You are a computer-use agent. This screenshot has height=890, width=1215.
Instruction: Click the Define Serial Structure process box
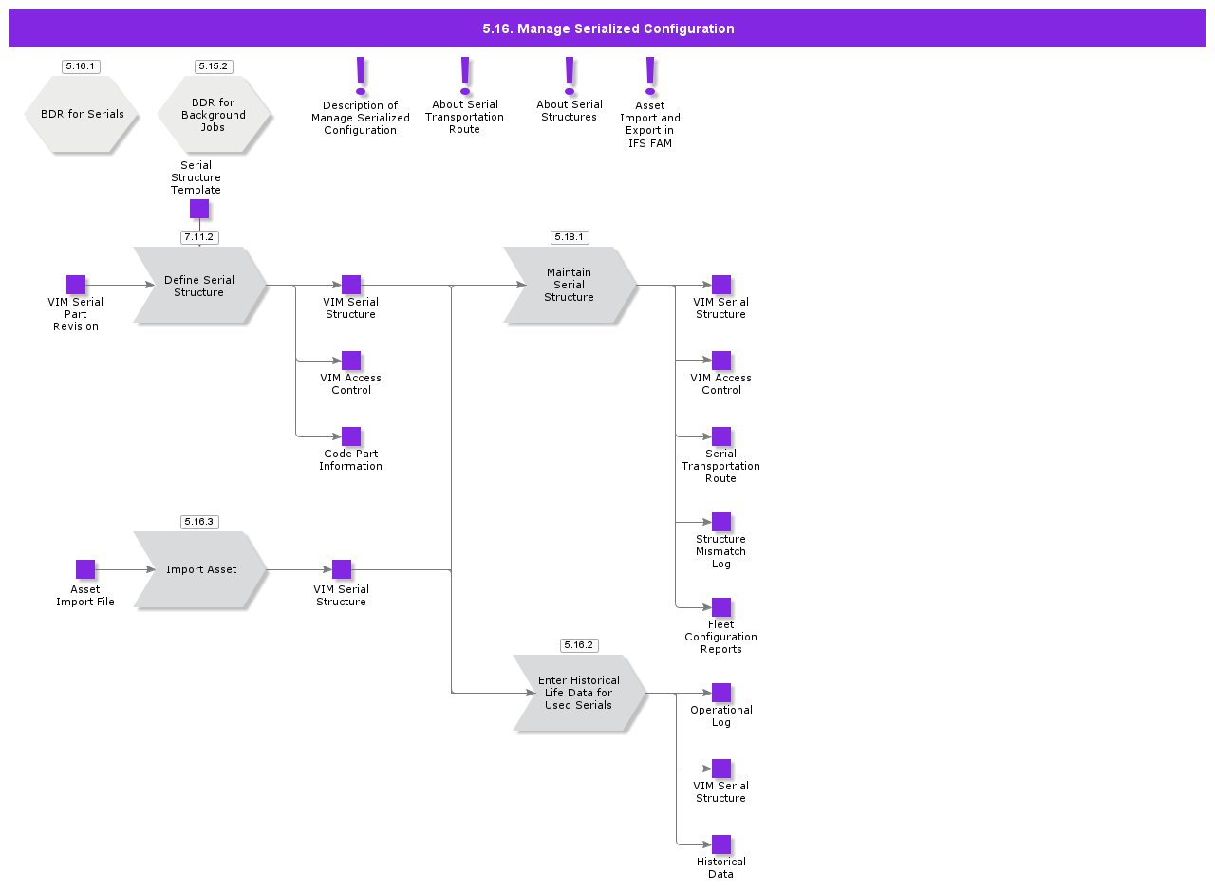pyautogui.click(x=199, y=286)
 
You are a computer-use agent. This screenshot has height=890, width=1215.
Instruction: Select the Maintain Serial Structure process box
pyautogui.click(x=570, y=285)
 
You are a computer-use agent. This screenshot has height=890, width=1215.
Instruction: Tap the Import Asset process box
pyautogui.click(x=200, y=569)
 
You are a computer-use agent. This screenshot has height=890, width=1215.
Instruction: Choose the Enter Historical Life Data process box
pyautogui.click(x=578, y=693)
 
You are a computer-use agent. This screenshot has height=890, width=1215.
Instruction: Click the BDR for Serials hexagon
pyautogui.click(x=82, y=114)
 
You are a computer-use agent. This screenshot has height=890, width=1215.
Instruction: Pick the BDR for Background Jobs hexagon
pyautogui.click(x=214, y=115)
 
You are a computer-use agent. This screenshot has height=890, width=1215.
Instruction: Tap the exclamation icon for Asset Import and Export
pyautogui.click(x=650, y=74)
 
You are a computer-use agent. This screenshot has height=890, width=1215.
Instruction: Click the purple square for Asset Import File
pyautogui.click(x=85, y=569)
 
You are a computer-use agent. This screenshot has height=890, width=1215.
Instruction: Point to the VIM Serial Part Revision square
pyautogui.click(x=76, y=285)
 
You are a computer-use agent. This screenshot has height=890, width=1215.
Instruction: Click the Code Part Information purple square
pyautogui.click(x=351, y=436)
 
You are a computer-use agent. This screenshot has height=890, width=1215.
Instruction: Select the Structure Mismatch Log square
pyautogui.click(x=721, y=522)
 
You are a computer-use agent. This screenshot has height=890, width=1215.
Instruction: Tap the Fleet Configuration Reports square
pyautogui.click(x=721, y=607)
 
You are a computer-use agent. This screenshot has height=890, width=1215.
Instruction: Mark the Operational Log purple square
pyautogui.click(x=721, y=693)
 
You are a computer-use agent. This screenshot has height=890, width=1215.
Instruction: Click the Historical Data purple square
pyautogui.click(x=721, y=844)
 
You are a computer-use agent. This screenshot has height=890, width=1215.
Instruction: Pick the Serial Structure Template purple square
pyautogui.click(x=199, y=209)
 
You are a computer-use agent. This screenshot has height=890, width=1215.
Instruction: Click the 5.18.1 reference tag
pyautogui.click(x=570, y=237)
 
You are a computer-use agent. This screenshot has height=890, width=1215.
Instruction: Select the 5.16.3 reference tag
pyautogui.click(x=199, y=522)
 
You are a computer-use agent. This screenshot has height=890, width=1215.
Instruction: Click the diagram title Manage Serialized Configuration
pyautogui.click(x=607, y=28)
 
